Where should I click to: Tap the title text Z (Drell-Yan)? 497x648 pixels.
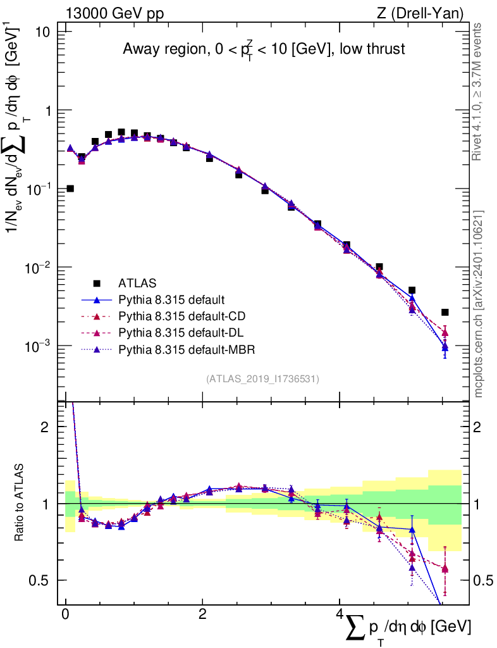423,13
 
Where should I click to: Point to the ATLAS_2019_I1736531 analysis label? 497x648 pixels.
262,379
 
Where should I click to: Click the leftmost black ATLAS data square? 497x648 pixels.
70,189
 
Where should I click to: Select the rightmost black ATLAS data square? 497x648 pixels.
445,312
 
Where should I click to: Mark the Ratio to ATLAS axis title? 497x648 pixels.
20,504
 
